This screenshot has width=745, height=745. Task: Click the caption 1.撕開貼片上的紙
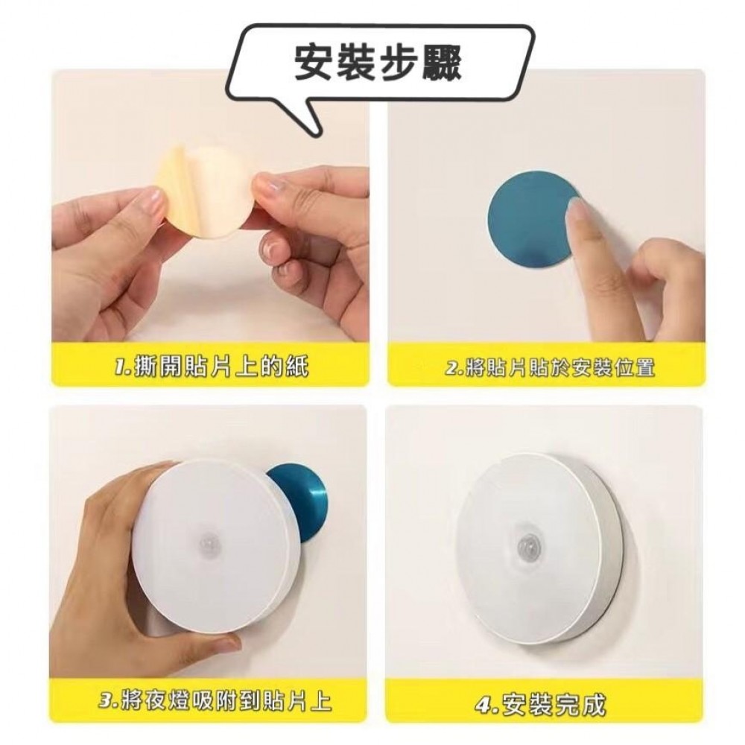pos(212,367)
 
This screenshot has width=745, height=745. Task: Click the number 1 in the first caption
pos(120,368)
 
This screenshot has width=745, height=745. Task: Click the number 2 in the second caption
pos(452,368)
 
